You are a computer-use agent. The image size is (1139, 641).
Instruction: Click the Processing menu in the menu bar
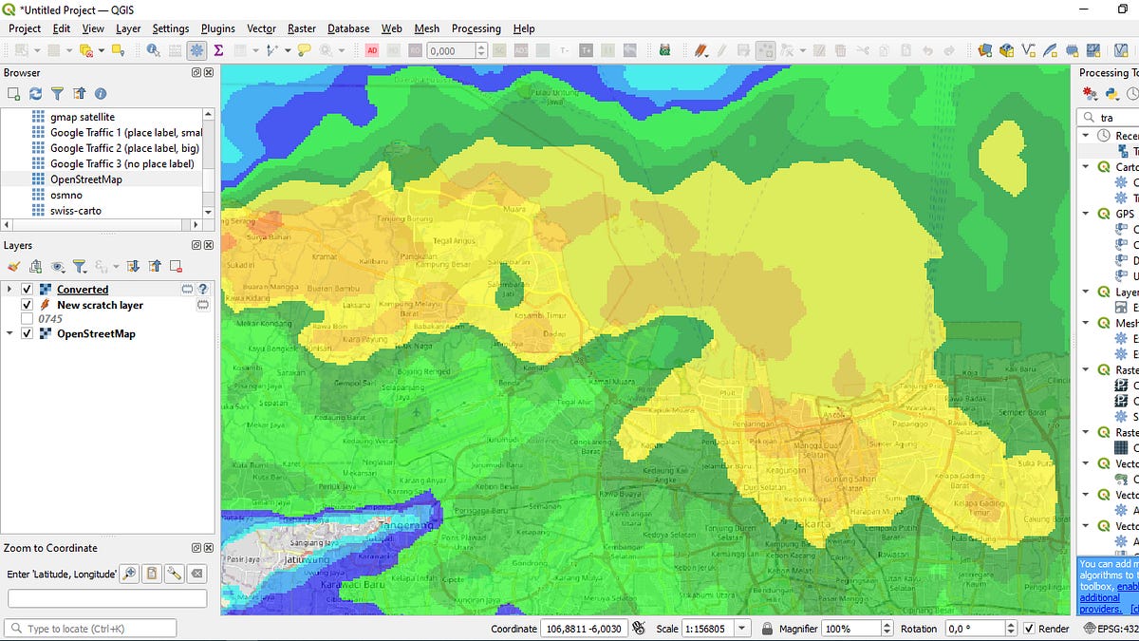tap(476, 28)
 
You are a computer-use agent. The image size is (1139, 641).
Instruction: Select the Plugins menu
tap(218, 28)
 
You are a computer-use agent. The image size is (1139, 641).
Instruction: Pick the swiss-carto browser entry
tap(76, 211)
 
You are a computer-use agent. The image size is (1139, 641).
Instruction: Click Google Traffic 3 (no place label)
tap(121, 163)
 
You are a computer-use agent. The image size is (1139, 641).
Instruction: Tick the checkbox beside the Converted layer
tap(28, 290)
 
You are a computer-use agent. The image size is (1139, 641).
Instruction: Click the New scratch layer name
tap(100, 305)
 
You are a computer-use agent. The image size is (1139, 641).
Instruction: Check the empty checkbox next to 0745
tap(28, 319)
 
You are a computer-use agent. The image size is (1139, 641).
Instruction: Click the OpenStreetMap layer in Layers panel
tap(96, 334)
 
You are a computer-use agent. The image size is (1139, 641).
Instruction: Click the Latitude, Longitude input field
tap(107, 598)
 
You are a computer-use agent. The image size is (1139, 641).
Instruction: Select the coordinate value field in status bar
tap(583, 629)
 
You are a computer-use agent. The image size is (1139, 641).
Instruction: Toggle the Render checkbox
tap(1029, 629)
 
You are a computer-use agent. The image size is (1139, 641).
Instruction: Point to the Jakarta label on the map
tap(812, 523)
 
